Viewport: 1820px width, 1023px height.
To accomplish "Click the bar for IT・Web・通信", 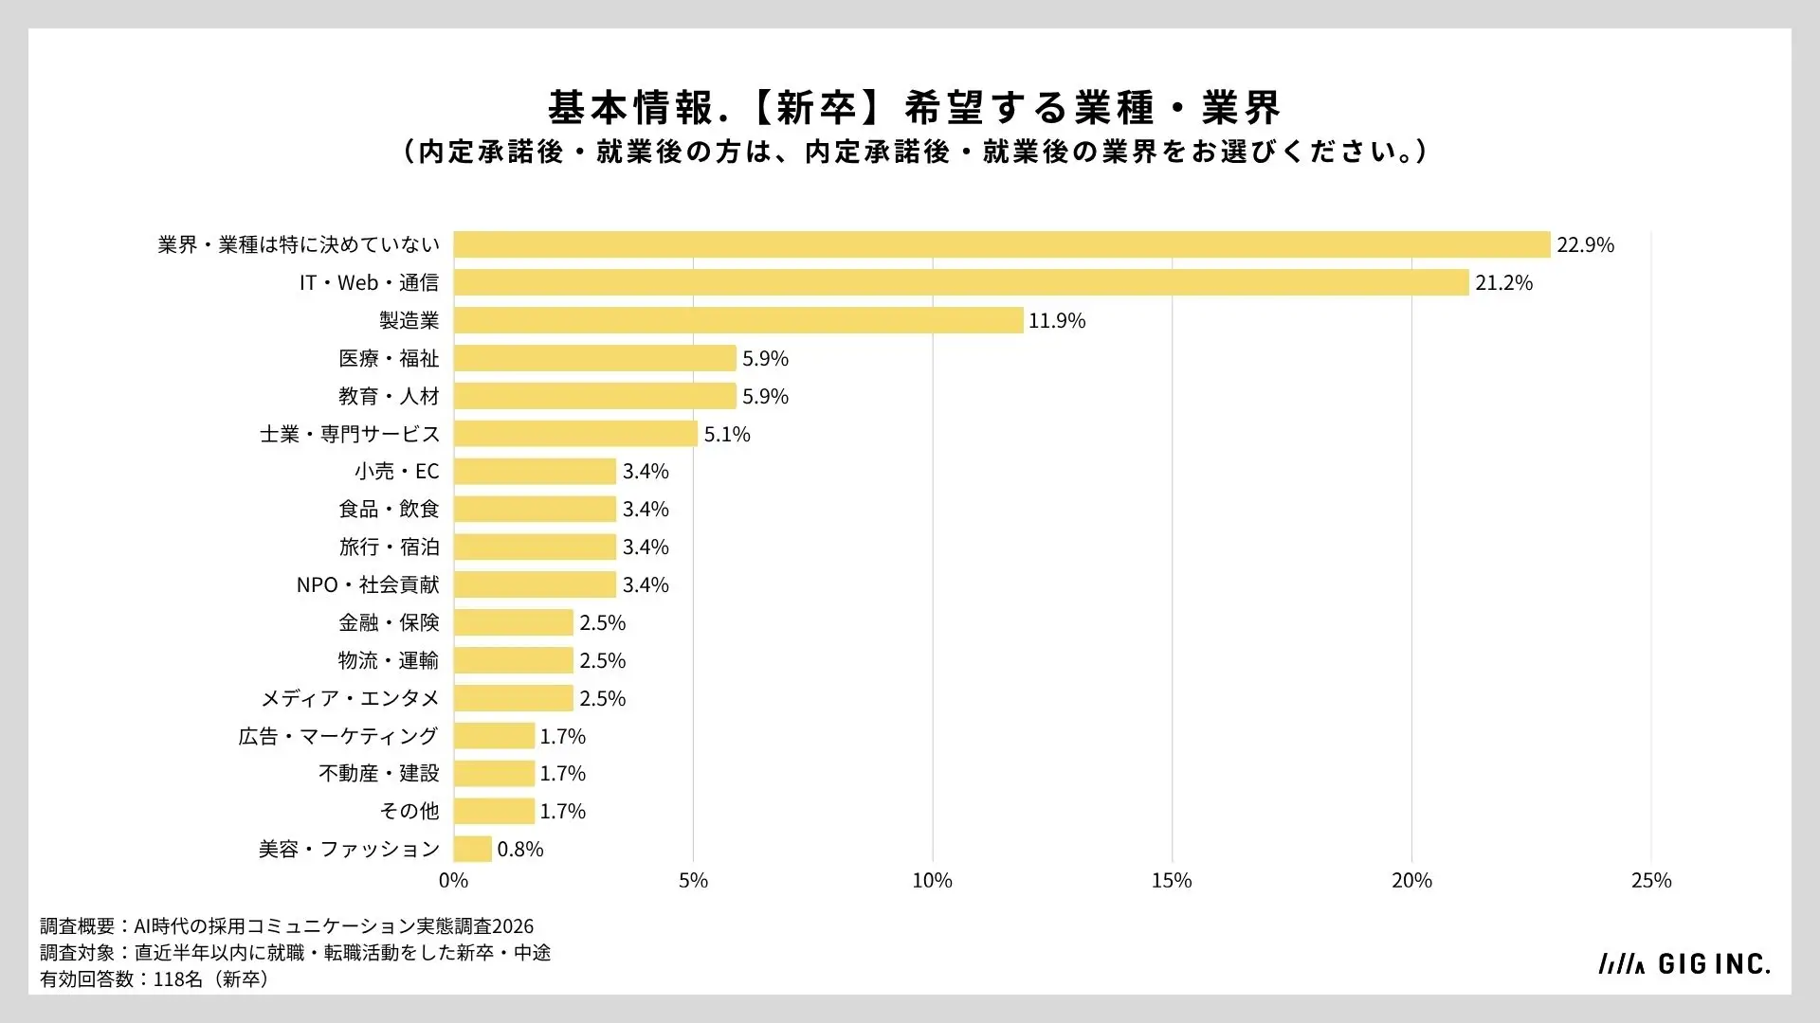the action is pos(961,282).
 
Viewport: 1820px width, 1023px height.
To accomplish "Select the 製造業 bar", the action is pos(738,320).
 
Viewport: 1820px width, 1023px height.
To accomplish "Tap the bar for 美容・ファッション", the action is pos(473,849).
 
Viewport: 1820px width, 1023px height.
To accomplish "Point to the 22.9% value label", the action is pos(1585,244).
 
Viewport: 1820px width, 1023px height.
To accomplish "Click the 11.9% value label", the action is pos(1057,320).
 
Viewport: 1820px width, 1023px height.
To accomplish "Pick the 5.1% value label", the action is pos(727,434).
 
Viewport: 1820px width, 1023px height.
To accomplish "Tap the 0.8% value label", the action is pos(520,849).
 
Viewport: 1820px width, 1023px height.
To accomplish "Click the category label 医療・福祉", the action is pos(390,358).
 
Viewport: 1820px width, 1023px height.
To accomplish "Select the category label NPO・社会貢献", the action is pos(368,584).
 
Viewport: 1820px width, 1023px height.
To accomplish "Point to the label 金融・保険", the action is pos(390,622).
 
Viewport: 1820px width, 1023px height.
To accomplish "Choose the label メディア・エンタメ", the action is pos(351,698).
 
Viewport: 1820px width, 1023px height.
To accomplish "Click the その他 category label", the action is pos(409,811).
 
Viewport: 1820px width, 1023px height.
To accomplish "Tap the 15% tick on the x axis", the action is pos(1172,880).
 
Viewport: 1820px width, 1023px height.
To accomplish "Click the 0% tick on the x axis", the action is pos(454,880).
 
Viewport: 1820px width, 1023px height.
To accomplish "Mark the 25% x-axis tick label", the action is pos(1651,880).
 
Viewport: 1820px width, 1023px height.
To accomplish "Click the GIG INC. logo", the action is pos(1684,963).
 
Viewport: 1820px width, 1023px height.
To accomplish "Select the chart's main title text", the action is pos(915,108).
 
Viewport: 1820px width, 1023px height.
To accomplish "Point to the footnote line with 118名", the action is pos(155,978).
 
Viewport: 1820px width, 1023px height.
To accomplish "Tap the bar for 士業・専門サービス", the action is pos(575,434).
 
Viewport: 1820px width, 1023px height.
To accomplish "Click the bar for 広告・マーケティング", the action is pos(494,736).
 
